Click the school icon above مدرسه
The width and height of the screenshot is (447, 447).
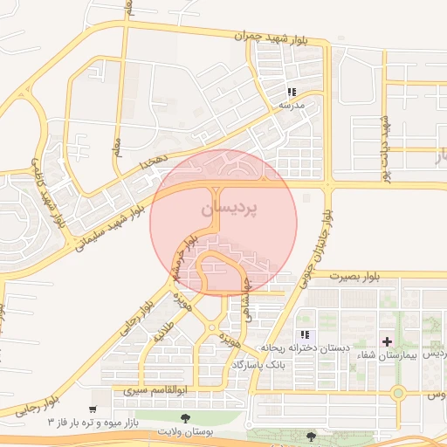pos(292,91)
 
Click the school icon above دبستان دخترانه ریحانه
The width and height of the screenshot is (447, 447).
pos(305,334)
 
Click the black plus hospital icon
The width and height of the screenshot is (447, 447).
pos(386,340)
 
